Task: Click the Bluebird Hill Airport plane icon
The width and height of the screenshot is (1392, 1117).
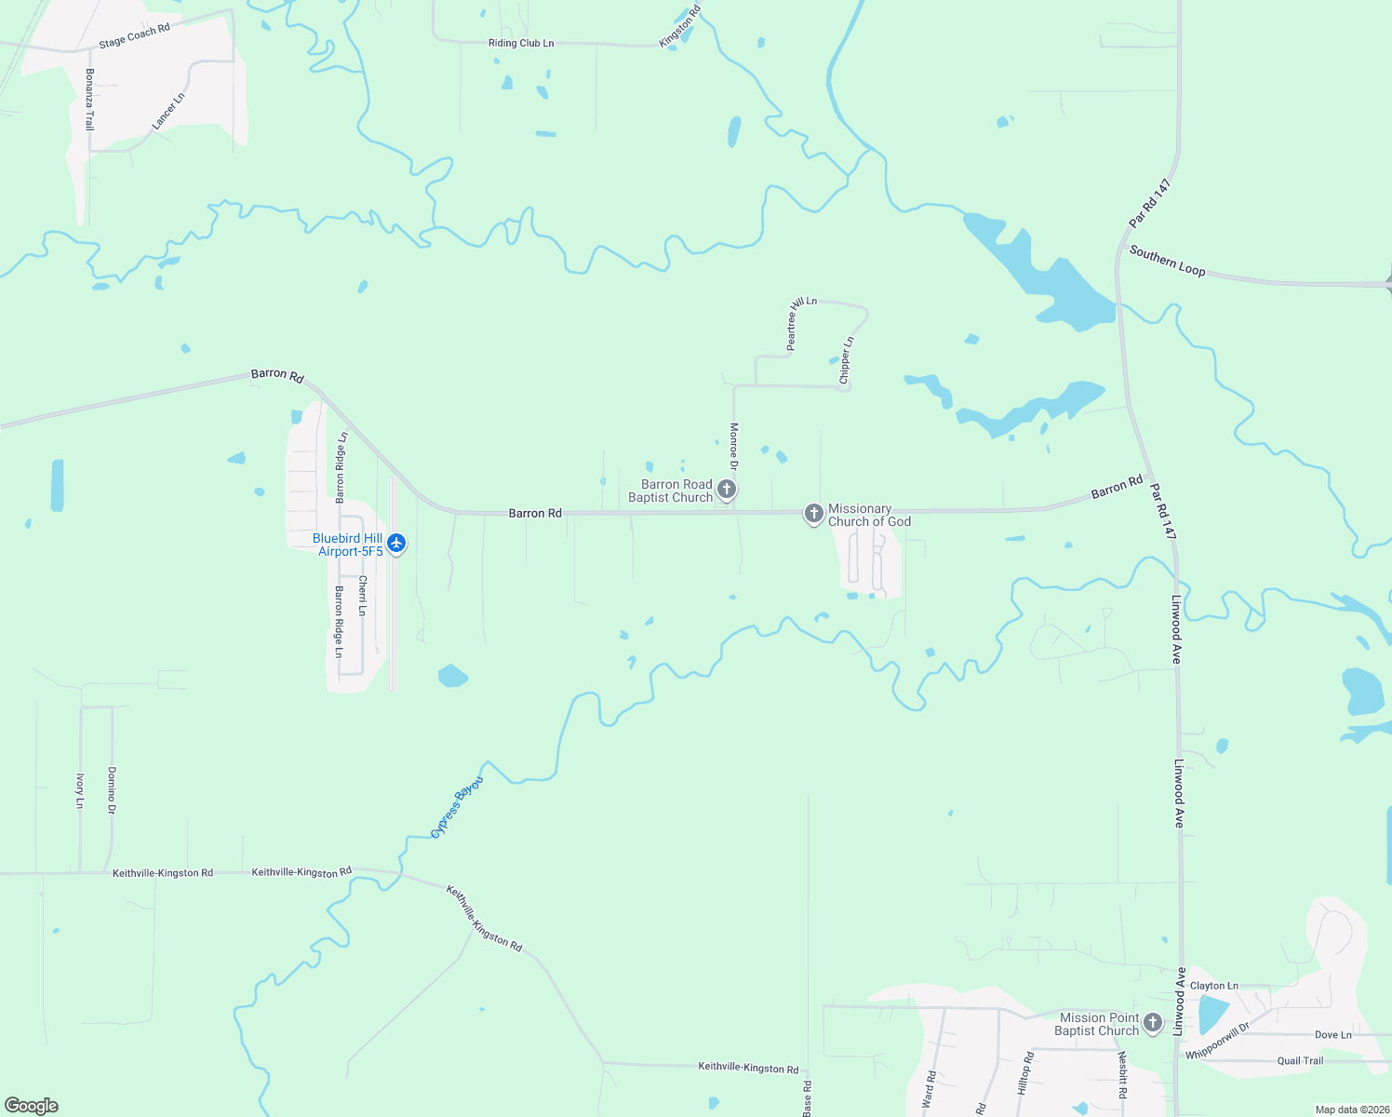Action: (396, 543)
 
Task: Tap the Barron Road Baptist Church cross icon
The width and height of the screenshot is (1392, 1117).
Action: (728, 489)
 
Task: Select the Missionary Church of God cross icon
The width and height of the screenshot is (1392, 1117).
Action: (814, 514)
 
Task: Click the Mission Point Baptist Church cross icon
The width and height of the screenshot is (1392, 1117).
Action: (1153, 1023)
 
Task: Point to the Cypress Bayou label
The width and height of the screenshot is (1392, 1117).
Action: (457, 807)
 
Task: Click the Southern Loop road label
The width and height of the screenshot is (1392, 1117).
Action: (1167, 261)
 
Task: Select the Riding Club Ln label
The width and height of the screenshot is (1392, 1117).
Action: (521, 44)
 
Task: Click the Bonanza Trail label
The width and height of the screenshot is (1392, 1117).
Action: (90, 99)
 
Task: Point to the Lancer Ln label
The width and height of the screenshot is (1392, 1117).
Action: (168, 111)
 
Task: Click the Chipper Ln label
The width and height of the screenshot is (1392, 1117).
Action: (846, 360)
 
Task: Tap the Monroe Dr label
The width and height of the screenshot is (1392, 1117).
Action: (734, 447)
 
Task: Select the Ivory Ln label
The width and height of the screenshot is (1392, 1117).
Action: (81, 790)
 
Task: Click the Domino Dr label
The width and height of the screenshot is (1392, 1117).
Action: (112, 790)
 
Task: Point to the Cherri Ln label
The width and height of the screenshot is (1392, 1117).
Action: (363, 596)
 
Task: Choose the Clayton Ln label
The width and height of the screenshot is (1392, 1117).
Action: (1213, 986)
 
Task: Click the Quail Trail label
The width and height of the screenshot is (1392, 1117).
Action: (1300, 1061)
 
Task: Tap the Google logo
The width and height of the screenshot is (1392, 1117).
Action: (32, 1106)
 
